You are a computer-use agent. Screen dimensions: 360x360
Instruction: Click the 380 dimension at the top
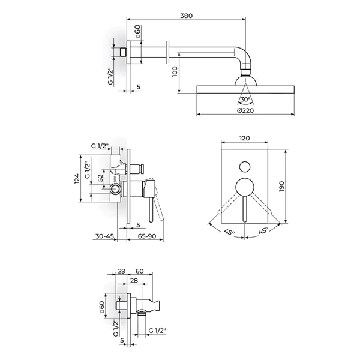[x=186, y=16]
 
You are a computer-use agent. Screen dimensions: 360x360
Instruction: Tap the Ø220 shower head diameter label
[x=245, y=110]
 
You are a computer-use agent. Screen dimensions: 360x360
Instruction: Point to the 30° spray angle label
[x=245, y=100]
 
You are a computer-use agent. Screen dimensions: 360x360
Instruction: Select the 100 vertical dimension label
[x=175, y=71]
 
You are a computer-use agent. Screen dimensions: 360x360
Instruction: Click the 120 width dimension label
[x=244, y=138]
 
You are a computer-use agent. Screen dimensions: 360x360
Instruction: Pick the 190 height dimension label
[x=281, y=186]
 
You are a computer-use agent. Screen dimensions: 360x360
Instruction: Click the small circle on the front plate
[x=245, y=167]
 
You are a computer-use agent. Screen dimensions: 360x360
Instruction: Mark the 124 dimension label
[x=77, y=178]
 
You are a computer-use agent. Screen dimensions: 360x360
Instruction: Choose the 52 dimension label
[x=100, y=178]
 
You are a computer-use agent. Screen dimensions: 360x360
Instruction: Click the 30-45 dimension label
[x=104, y=236]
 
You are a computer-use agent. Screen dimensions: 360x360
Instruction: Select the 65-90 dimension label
[x=147, y=236]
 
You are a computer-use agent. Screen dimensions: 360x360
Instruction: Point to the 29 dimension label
[x=121, y=271]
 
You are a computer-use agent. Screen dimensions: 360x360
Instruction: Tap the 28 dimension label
[x=134, y=281]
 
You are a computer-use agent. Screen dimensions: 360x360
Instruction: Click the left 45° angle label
[x=229, y=232]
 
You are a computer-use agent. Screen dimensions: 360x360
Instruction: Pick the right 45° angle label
[x=263, y=230]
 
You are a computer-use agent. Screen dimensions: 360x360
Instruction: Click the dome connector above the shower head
[x=245, y=81]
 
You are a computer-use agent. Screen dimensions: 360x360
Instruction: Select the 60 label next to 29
[x=139, y=271]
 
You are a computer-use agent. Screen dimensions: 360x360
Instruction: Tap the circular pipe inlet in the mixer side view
[x=115, y=189]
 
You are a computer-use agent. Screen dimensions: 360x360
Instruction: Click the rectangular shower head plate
[x=245, y=90]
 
